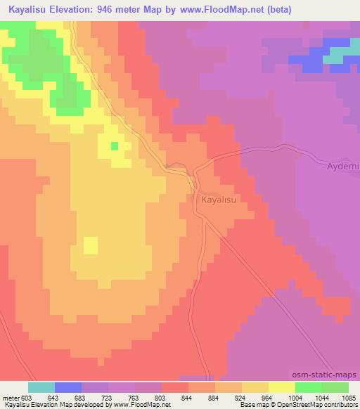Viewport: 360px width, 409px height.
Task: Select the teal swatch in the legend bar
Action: pyautogui.click(x=41, y=387)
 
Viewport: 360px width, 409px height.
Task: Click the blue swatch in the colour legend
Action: pyautogui.click(x=68, y=387)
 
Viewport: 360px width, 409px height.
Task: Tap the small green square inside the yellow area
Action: pyautogui.click(x=114, y=145)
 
